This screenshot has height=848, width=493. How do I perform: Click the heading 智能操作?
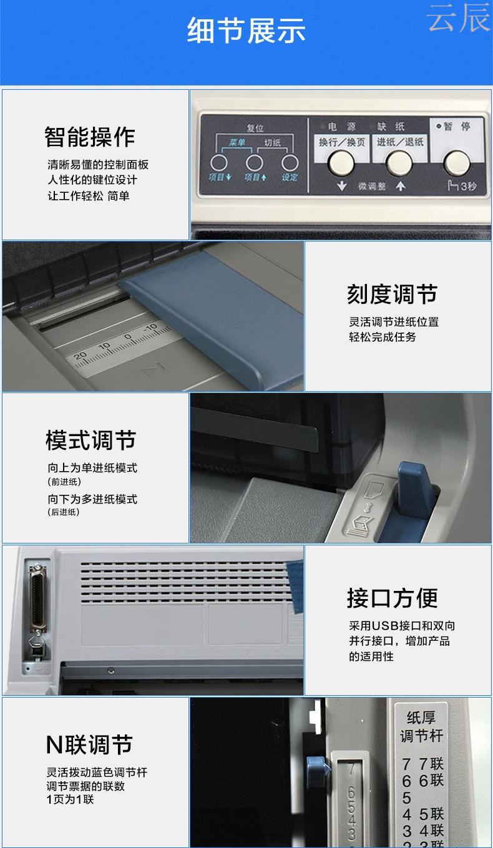point(89,137)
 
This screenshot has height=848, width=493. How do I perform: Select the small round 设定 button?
point(290,163)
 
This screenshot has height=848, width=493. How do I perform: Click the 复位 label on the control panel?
point(255,128)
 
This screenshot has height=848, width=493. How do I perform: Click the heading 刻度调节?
point(392,295)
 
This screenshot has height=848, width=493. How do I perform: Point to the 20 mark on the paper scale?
point(80,356)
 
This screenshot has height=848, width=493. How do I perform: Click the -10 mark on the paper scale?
point(150,327)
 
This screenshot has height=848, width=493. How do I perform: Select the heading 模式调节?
point(90,441)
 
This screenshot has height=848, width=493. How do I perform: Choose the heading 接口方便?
point(392,598)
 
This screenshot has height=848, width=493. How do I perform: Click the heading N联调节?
point(89,744)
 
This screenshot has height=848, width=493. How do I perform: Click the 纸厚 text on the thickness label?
point(421,717)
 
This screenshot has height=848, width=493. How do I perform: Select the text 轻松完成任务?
point(383,337)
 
